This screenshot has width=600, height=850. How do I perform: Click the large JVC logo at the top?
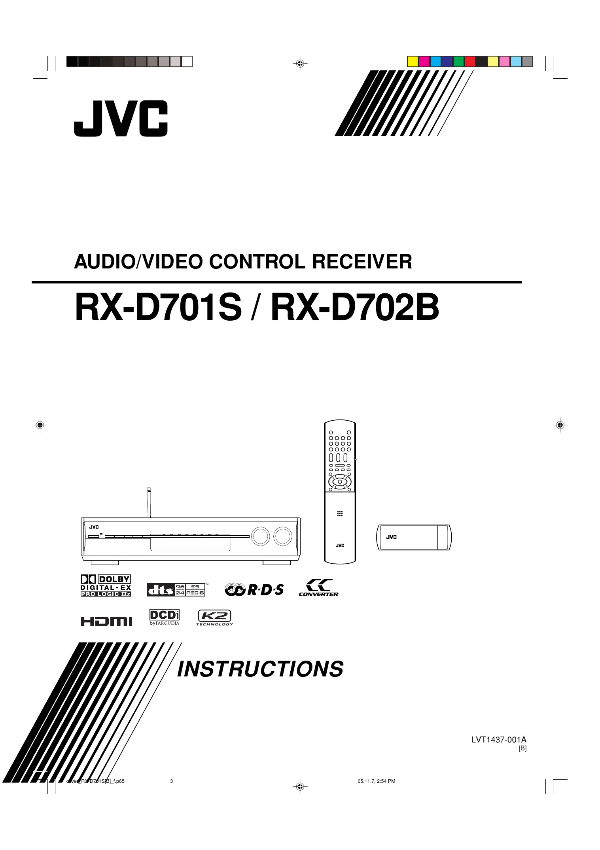point(121,119)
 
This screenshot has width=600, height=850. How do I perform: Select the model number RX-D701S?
point(158,308)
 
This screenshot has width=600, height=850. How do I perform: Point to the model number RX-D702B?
point(355,308)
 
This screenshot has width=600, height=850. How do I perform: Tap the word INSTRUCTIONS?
point(260,669)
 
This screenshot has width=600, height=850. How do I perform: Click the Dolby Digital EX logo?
point(106,586)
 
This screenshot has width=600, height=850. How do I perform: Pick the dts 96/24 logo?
point(176,589)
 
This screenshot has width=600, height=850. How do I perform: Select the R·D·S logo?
point(254,590)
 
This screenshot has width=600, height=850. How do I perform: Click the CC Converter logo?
point(318,587)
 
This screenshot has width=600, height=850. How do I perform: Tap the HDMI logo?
point(106,621)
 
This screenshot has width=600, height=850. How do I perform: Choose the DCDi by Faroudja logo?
point(165,617)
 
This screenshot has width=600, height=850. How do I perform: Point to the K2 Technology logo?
point(214,618)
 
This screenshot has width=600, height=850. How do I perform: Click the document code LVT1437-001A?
point(498,740)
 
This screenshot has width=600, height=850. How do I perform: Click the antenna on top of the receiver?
point(149,502)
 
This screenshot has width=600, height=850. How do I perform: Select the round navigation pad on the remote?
point(340,482)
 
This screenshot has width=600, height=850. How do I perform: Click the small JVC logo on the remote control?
point(340,546)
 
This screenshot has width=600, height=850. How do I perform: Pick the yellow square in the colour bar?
point(413,62)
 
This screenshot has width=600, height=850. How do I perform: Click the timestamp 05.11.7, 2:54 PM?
point(376,781)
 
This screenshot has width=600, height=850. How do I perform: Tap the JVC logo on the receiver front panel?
point(94,527)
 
